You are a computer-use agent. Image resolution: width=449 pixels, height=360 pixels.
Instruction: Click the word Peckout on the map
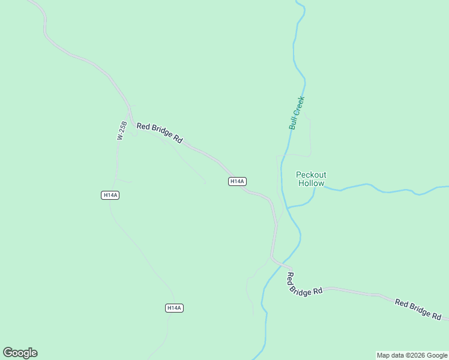(x=311, y=175)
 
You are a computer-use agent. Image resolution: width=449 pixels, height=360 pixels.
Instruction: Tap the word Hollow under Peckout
(x=311, y=184)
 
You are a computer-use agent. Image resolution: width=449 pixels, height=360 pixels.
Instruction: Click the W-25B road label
(x=122, y=131)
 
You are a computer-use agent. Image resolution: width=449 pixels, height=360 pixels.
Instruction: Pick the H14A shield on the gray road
(x=237, y=181)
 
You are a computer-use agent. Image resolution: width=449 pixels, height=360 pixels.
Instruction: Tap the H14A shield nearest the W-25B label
(x=110, y=195)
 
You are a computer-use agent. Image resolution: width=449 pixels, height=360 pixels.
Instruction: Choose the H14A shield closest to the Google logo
(x=173, y=308)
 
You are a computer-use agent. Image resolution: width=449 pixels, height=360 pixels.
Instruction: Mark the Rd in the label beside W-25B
(x=178, y=139)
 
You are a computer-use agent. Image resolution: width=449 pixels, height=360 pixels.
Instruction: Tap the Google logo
(x=20, y=353)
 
